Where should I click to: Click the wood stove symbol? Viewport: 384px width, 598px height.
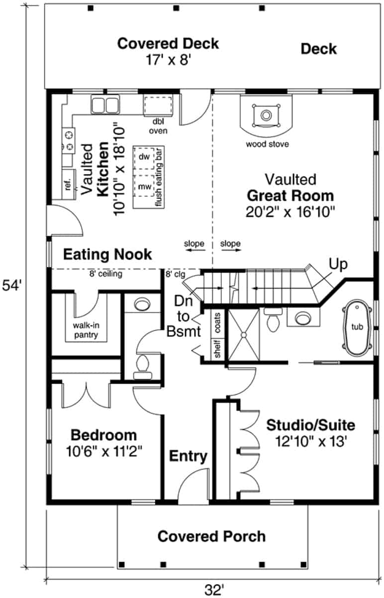pos(266,116)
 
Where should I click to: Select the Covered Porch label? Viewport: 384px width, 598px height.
pos(211,537)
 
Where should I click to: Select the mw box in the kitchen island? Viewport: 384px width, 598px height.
pos(144,186)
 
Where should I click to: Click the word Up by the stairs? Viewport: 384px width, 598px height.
pos(338,264)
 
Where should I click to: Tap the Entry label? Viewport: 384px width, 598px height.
pos(189,456)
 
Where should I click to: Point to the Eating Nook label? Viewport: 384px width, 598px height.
pos(107,255)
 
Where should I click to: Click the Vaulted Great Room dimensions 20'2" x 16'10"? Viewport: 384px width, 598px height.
pos(291,211)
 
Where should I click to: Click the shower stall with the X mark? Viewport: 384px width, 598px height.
pos(243,333)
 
